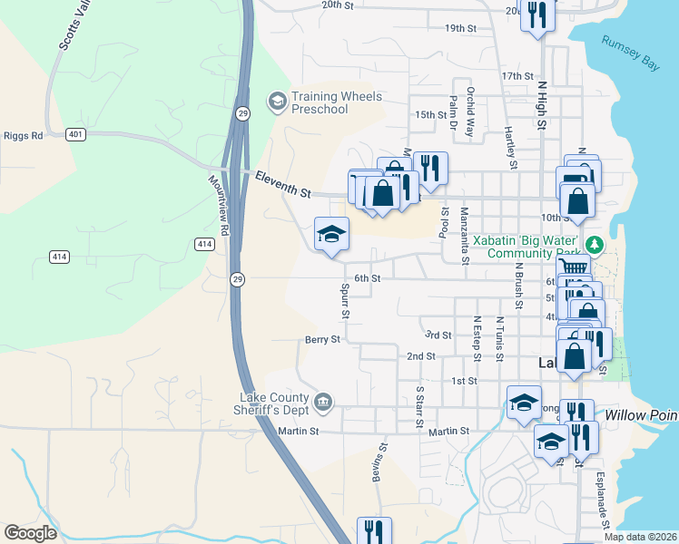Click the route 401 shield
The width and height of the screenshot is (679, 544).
tap(75, 135)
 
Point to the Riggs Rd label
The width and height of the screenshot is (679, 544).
tap(24, 136)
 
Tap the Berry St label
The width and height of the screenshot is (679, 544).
tap(322, 340)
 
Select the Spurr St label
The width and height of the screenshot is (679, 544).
tap(345, 301)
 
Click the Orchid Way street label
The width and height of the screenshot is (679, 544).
tap(470, 111)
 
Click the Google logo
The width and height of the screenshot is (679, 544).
tap(30, 533)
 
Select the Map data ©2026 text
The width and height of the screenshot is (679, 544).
tap(640, 537)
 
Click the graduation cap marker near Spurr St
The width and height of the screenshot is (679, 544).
tap(331, 235)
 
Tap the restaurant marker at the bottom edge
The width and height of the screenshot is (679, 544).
tap(374, 529)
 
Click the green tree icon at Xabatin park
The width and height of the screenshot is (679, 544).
tap(595, 245)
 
